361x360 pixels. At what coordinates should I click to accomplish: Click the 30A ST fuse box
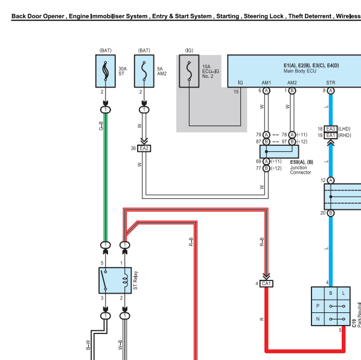click(x=106, y=71)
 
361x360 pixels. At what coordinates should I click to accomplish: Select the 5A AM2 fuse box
click(x=144, y=71)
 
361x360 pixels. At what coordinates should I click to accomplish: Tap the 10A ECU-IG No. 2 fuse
click(x=189, y=71)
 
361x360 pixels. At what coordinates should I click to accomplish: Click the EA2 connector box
click(x=144, y=148)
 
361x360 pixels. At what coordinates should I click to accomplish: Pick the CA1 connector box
click(x=266, y=283)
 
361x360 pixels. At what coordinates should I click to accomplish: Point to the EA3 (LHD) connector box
click(x=331, y=129)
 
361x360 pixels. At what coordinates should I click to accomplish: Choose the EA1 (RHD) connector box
click(x=331, y=136)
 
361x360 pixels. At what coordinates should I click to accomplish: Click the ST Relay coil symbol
click(x=126, y=280)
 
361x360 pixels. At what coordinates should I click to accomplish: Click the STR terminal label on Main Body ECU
click(x=331, y=83)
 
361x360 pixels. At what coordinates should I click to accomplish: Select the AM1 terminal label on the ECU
click(x=266, y=83)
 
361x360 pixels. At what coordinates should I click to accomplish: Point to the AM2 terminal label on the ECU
click(x=292, y=83)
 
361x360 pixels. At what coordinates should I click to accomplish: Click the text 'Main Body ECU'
click(x=300, y=71)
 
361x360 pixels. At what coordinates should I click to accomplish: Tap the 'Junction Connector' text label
click(x=301, y=170)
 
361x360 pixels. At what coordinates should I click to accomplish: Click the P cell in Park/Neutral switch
click(x=318, y=306)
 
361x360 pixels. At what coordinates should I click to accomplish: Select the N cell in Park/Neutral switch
click(x=318, y=319)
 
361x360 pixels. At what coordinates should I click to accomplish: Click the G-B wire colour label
click(x=101, y=126)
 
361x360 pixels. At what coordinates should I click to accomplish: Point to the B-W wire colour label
click(x=88, y=345)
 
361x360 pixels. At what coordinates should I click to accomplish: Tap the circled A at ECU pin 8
click(x=331, y=90)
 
